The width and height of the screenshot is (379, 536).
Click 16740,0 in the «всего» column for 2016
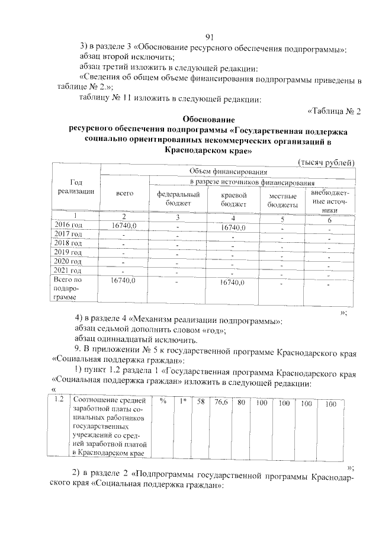click(x=124, y=226)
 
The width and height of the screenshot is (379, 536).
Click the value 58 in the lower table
click(x=201, y=402)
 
